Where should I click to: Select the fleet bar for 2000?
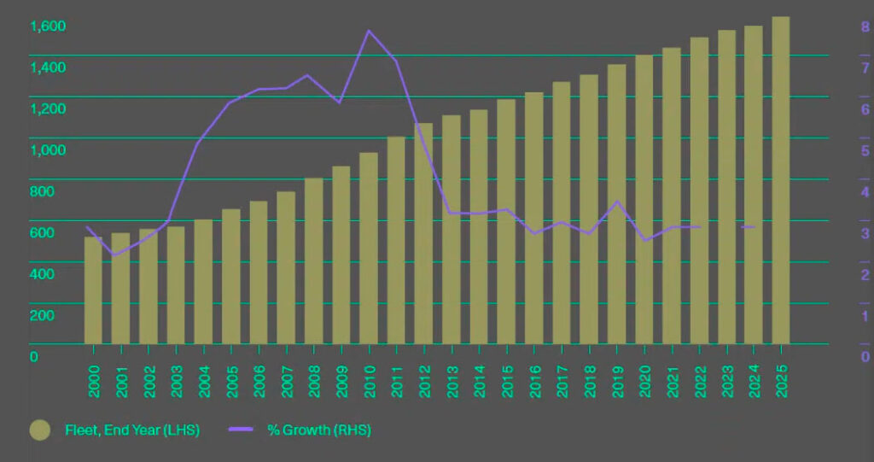click(x=93, y=290)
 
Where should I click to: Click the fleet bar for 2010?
click(x=369, y=248)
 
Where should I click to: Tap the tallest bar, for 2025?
click(x=781, y=180)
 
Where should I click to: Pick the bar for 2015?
click(x=506, y=222)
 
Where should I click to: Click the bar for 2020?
click(x=644, y=200)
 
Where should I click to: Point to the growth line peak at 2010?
click(x=369, y=31)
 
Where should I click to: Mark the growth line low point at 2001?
click(x=114, y=255)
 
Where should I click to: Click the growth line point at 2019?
click(x=617, y=202)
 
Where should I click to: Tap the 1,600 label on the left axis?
click(x=49, y=26)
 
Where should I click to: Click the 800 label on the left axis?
click(x=42, y=191)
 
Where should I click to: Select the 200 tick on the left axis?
click(x=42, y=315)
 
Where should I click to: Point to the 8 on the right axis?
click(x=864, y=26)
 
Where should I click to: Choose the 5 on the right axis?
click(x=864, y=150)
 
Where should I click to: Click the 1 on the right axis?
click(x=864, y=315)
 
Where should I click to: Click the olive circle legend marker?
click(x=39, y=430)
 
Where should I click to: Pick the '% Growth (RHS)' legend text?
click(x=319, y=430)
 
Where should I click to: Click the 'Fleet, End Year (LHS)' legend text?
click(x=132, y=430)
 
